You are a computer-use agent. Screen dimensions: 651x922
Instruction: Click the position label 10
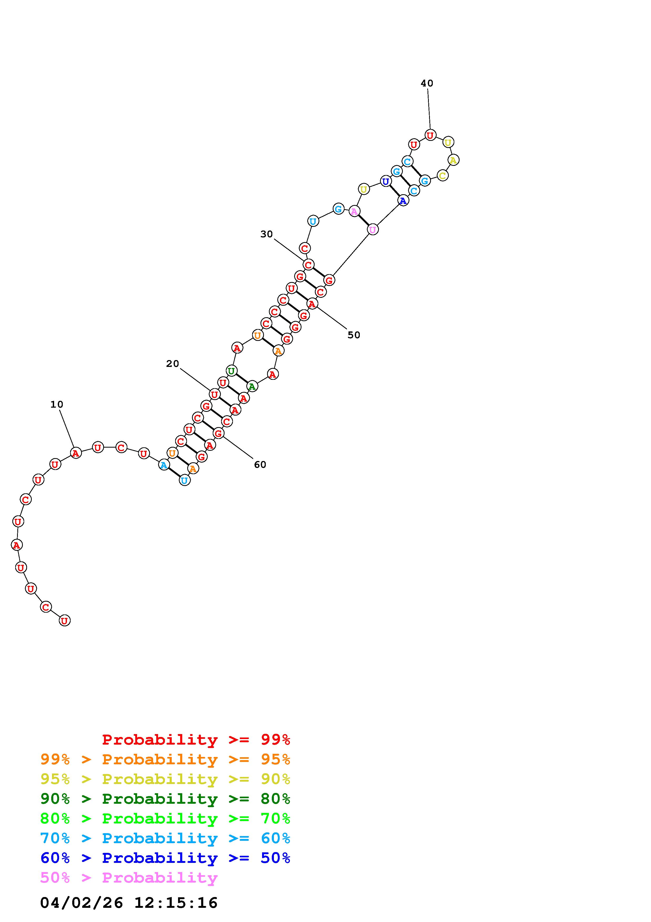[x=56, y=404]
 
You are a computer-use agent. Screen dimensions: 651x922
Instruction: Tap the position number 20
[x=173, y=364]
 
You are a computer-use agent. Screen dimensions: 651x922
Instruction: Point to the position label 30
[x=266, y=234]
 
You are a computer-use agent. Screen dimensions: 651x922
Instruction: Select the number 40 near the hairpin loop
[x=427, y=83]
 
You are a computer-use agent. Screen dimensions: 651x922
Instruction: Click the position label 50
[x=354, y=335]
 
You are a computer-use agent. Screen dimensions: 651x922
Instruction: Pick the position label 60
[x=260, y=465]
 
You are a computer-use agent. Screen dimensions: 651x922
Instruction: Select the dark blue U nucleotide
[x=386, y=182]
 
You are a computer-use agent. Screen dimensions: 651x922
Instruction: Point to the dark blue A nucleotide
[x=403, y=200]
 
